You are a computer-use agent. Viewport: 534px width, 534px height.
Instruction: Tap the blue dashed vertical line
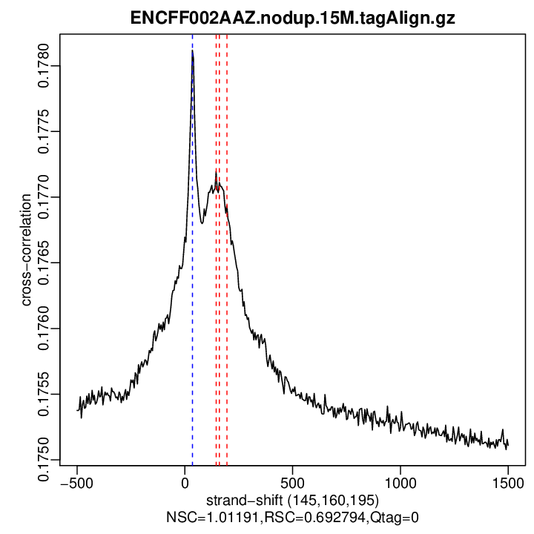tap(192, 334)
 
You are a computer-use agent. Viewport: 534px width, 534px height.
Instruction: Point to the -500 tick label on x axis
tap(77, 482)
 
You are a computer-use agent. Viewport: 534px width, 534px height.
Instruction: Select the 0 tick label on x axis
tap(185, 482)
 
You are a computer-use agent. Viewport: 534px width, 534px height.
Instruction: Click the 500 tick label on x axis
tap(292, 482)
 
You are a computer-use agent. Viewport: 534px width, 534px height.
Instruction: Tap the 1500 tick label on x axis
tap(508, 482)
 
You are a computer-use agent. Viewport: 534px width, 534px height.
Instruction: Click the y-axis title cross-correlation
tap(25, 249)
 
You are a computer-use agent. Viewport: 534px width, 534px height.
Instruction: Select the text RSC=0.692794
tap(293, 515)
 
